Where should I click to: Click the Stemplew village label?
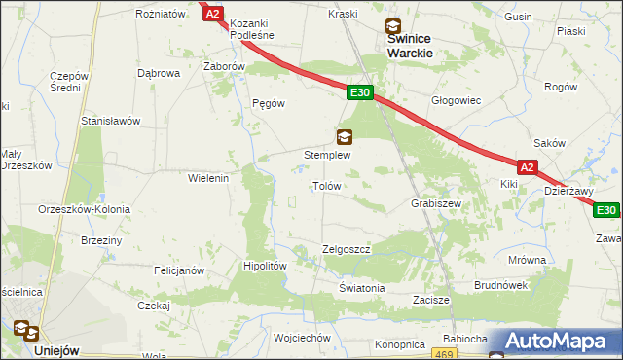pos(327,155)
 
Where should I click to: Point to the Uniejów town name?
pos(55,350)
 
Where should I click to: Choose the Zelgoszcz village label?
pos(346,250)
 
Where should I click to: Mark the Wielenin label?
pos(207,178)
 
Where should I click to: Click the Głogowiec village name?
pos(456,100)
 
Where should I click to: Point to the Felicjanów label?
pos(177,270)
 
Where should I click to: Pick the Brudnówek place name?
pos(500,285)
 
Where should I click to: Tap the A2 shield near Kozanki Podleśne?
pos(213,14)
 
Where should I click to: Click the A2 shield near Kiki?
pos(527,167)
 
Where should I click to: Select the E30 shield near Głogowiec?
pos(359,92)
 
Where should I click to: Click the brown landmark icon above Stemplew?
pos(344,136)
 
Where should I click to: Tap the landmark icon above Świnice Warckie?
pos(391,27)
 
